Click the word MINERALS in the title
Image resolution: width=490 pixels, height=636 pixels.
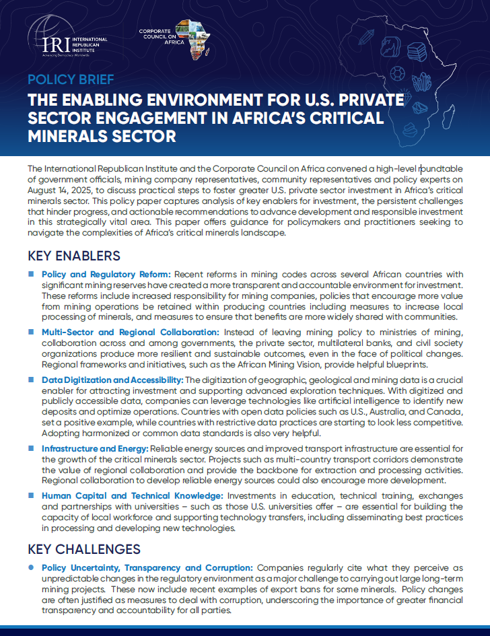[x=69, y=137]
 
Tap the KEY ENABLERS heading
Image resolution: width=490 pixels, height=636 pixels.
[x=74, y=256]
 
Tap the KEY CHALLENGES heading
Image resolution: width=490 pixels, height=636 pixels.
[x=83, y=549]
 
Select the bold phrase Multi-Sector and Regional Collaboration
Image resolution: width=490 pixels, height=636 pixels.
[x=131, y=332]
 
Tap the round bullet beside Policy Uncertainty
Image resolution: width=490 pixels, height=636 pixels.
[x=31, y=568]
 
